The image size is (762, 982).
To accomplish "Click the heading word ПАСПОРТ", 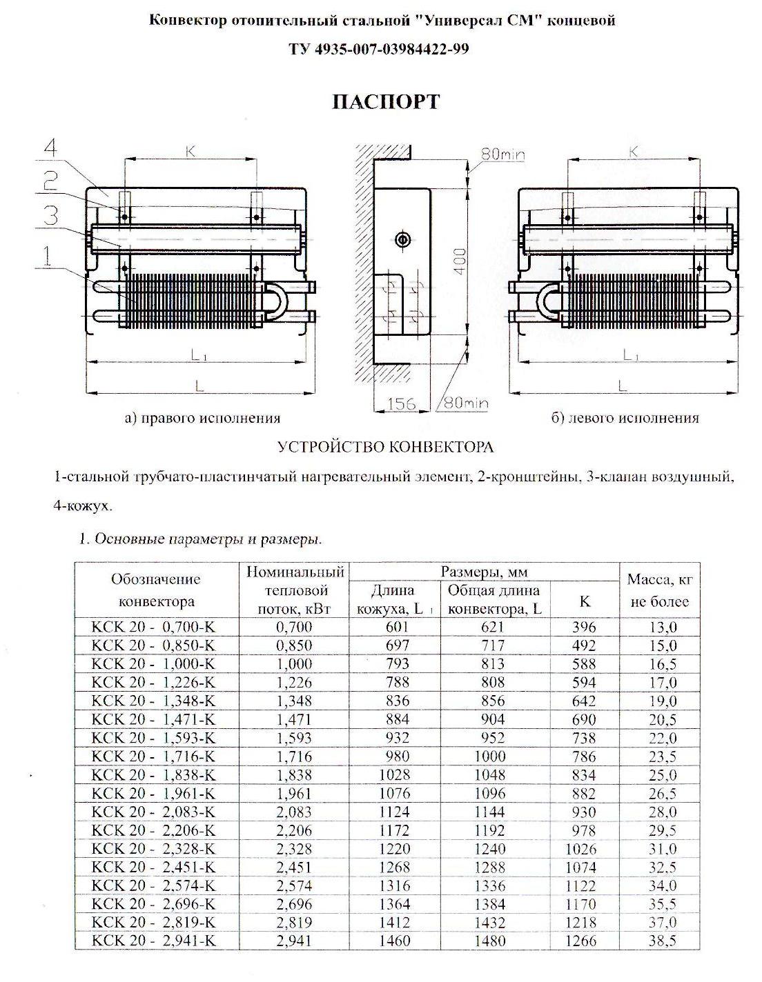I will click(x=386, y=102).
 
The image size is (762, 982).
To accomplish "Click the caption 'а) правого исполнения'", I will click(x=202, y=418).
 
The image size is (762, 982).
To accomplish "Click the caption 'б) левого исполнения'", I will click(x=625, y=418).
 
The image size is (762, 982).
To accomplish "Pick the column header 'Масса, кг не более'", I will click(x=659, y=590).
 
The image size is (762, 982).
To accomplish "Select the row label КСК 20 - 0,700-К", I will click(x=153, y=627).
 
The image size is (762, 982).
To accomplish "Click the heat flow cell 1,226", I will click(x=294, y=683).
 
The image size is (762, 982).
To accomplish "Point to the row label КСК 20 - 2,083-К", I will click(x=153, y=812).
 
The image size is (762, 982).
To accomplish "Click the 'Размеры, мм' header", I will click(x=484, y=572).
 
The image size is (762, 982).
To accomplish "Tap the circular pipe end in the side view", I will click(x=402, y=239).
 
